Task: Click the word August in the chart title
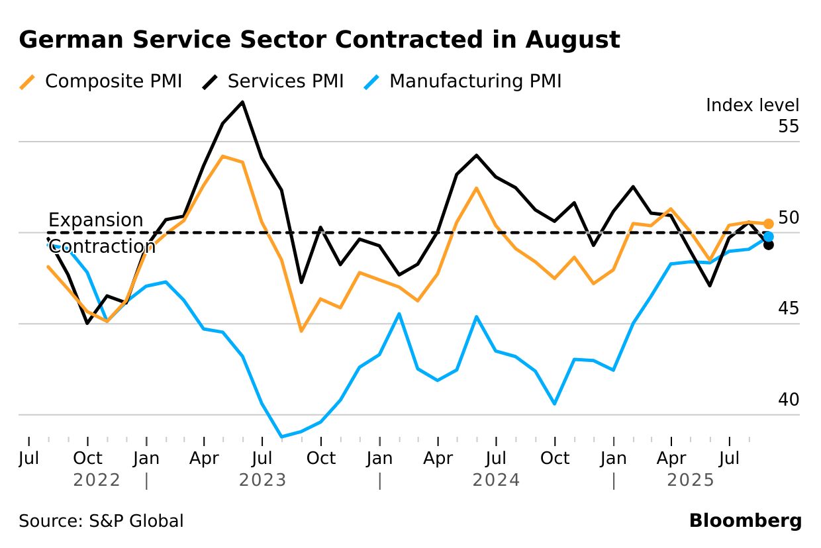click(573, 40)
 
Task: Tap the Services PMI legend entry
click(273, 81)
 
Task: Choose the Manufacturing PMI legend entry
click(463, 81)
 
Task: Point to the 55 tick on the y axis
click(789, 126)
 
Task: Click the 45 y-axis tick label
click(789, 308)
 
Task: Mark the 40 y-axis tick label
click(789, 400)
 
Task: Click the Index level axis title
click(752, 105)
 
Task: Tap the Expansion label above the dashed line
click(95, 220)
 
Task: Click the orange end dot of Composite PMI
click(768, 224)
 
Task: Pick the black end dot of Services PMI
click(768, 244)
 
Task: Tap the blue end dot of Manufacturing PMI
click(768, 236)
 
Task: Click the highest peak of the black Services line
click(243, 102)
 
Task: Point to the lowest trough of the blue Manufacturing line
click(282, 437)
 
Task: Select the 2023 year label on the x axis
click(263, 480)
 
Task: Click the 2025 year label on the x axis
click(691, 480)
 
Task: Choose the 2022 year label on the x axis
click(97, 480)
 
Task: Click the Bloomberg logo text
click(745, 521)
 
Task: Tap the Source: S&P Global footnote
click(101, 521)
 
